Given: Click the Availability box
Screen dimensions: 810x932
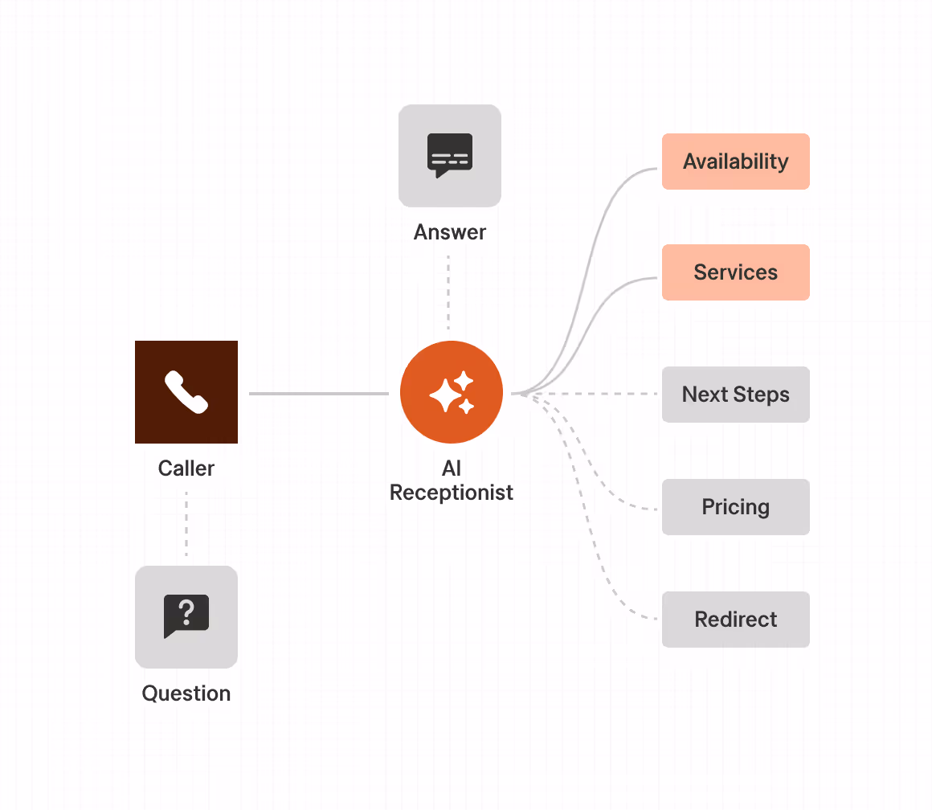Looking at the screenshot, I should coord(735,162).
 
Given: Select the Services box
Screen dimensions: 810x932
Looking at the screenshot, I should coord(735,272).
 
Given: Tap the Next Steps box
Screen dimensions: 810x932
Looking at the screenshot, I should coord(735,395).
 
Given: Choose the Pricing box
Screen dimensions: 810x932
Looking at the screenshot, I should coord(735,507).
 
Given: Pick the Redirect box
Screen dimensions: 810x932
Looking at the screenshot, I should coord(735,620).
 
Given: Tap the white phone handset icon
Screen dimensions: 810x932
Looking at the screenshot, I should coord(186,392).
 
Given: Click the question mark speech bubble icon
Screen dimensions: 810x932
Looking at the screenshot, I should coord(186,616).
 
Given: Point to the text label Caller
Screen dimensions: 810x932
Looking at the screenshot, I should coord(186,468).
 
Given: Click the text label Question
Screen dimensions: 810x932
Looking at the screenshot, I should coord(186,693).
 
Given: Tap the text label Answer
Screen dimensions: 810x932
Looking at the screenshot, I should coord(450,232).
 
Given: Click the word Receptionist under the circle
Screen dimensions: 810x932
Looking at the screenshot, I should coord(452,493).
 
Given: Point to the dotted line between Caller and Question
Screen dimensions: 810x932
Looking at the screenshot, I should coord(186,522).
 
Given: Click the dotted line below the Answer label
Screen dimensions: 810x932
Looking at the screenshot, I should coord(448,293).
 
